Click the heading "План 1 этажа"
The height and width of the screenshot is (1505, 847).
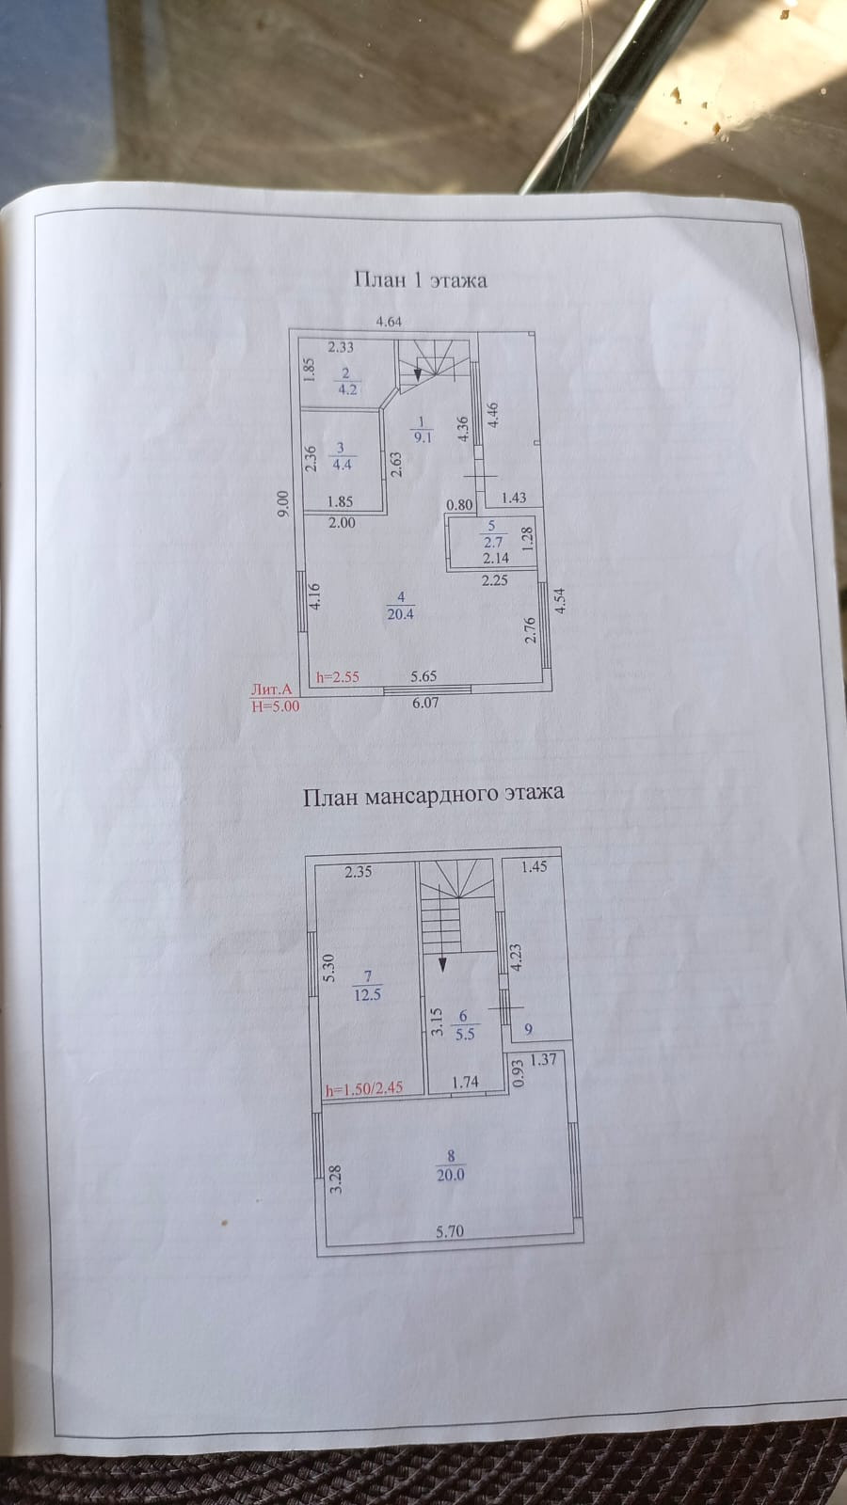(x=420, y=279)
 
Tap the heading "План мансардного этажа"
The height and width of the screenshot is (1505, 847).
(x=433, y=795)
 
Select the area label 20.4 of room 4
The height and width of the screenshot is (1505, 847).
(x=400, y=614)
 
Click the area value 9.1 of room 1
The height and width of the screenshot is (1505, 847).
(x=423, y=436)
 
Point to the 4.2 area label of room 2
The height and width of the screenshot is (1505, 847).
(x=346, y=389)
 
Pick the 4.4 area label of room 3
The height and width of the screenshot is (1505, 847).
(x=342, y=464)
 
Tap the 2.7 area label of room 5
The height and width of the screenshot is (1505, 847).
(x=492, y=542)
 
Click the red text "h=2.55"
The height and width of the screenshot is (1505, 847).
(x=338, y=675)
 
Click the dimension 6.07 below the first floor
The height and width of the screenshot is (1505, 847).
(x=425, y=702)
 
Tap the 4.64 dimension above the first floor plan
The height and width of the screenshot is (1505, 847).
(x=389, y=322)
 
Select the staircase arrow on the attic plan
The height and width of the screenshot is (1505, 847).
(x=441, y=961)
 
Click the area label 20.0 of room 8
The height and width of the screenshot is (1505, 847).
(x=450, y=1174)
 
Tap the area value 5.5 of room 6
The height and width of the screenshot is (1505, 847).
(x=464, y=1033)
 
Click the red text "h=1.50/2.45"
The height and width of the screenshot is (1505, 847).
(x=364, y=1088)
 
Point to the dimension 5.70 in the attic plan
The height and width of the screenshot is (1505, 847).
(x=450, y=1230)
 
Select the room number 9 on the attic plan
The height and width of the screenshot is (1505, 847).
(x=528, y=1030)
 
